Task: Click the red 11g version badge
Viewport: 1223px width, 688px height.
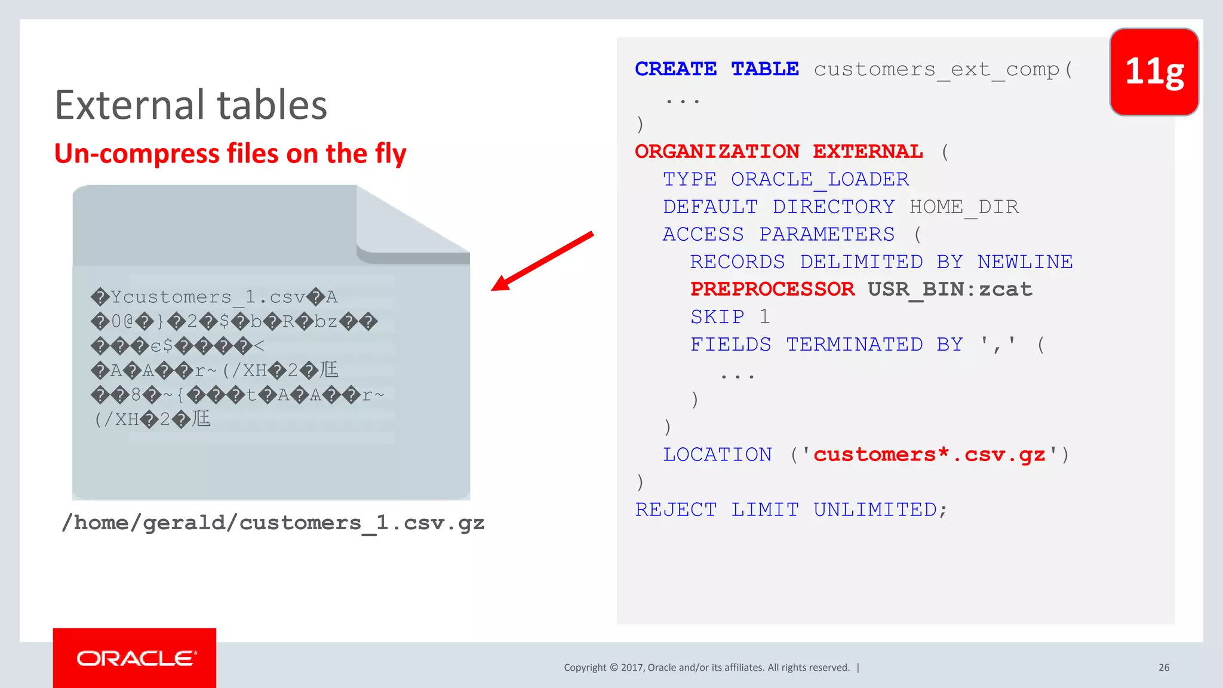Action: [1154, 72]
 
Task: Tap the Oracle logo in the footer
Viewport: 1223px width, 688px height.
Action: [135, 658]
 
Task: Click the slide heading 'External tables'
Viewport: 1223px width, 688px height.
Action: [191, 105]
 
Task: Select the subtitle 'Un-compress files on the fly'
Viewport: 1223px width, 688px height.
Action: [230, 153]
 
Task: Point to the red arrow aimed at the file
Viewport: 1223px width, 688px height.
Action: [542, 261]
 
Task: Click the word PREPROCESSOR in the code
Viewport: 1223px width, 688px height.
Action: [772, 289]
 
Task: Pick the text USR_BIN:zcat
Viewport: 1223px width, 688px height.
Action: [949, 289]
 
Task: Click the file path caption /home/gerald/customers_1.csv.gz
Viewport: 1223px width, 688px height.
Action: [273, 523]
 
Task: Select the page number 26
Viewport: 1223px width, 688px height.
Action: [1164, 667]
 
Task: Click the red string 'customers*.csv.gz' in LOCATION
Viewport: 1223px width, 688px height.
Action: [929, 454]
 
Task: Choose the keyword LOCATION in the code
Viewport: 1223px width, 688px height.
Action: [717, 454]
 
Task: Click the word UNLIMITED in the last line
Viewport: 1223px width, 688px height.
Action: [875, 509]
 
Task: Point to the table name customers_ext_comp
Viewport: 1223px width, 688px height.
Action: [936, 69]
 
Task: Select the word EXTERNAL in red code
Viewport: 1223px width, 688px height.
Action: [868, 152]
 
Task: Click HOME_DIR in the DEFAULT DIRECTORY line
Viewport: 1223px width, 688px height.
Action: [964, 207]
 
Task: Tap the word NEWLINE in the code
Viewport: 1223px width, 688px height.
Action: [1025, 262]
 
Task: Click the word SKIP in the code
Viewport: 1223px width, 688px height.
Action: [717, 317]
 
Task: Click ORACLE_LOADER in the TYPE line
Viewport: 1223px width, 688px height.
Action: [820, 179]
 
